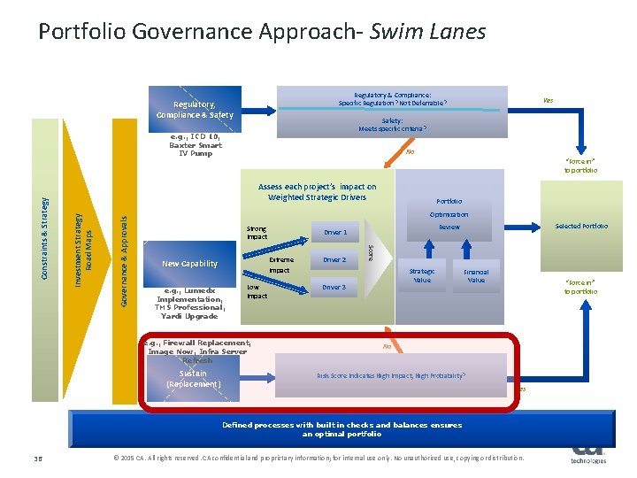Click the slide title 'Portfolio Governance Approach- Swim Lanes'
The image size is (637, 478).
(262, 33)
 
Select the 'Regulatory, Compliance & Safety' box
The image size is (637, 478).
(196, 109)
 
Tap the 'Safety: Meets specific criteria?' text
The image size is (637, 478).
(392, 125)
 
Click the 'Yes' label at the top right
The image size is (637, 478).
(549, 100)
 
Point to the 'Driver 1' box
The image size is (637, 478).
(334, 232)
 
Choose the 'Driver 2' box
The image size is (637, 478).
(334, 260)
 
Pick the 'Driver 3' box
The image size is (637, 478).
(334, 288)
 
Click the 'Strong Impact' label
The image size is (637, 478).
(257, 233)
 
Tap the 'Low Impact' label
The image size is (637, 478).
(256, 291)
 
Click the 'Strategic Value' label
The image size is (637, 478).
(422, 275)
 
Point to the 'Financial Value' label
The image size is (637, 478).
(476, 275)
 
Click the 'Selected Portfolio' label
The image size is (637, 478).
(581, 226)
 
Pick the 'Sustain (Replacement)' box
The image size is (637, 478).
(194, 379)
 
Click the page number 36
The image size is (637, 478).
(38, 458)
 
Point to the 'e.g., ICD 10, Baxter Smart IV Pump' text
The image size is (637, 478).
(196, 145)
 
